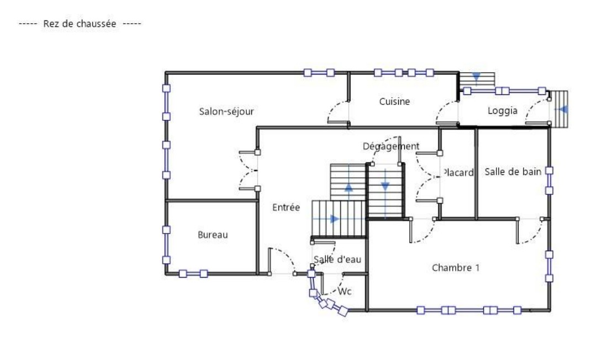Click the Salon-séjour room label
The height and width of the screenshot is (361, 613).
pos(226,112)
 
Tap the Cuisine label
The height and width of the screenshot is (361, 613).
pos(394,101)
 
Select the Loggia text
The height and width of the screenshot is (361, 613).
pos(503,111)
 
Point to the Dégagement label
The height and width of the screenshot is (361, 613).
pos(391,146)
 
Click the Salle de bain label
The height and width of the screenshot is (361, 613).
pos(513,172)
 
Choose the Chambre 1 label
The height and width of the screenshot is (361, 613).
pos(456,268)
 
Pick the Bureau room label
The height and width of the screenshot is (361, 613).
pos(213,235)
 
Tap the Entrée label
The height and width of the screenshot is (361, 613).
pos(286,208)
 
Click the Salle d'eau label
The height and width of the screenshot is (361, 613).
pos(337,259)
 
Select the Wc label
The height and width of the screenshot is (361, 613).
pos(345,291)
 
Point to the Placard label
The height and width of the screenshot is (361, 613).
pos(458,172)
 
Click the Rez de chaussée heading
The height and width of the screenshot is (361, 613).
pos(80,23)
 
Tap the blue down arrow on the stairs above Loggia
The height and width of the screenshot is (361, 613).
pos(476,77)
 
